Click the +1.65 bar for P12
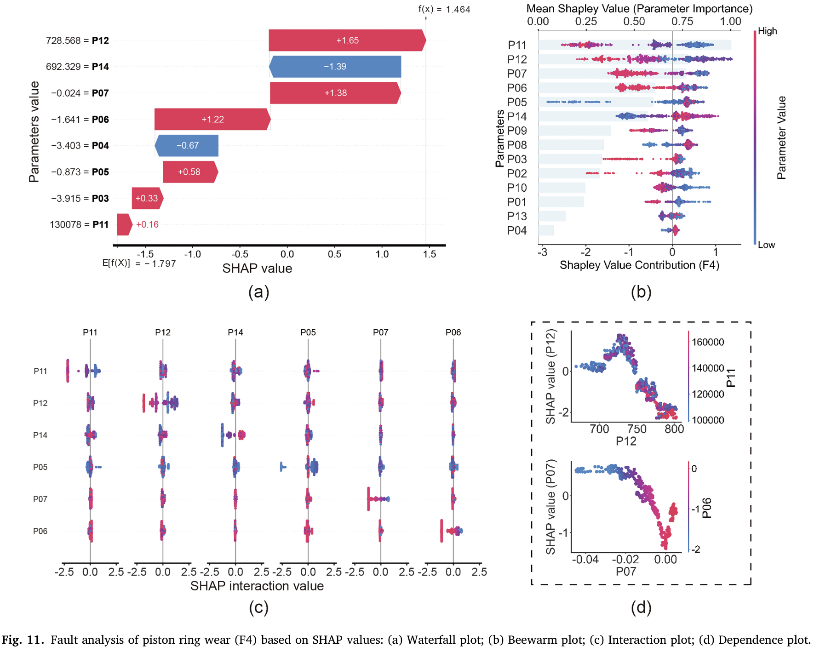pos(347,40)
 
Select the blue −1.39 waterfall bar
pos(335,67)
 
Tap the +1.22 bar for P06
pos(212,120)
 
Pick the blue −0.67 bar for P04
pos(187,146)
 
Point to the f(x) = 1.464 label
pos(444,9)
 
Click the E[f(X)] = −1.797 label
pos(139,263)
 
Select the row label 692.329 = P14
pos(77,67)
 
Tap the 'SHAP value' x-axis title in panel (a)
pos(257,269)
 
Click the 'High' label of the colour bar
pos(767,31)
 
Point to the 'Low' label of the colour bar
pos(766,245)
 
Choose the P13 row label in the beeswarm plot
pos(517,216)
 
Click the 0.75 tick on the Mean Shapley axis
pos(682,21)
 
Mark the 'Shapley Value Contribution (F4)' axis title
pos(639,265)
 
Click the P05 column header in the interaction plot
pos(308,332)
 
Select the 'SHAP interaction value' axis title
pos(257,586)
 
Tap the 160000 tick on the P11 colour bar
pos(708,342)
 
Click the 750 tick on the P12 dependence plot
pos(637,429)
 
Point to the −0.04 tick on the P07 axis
pos(585,560)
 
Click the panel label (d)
pos(641,607)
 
